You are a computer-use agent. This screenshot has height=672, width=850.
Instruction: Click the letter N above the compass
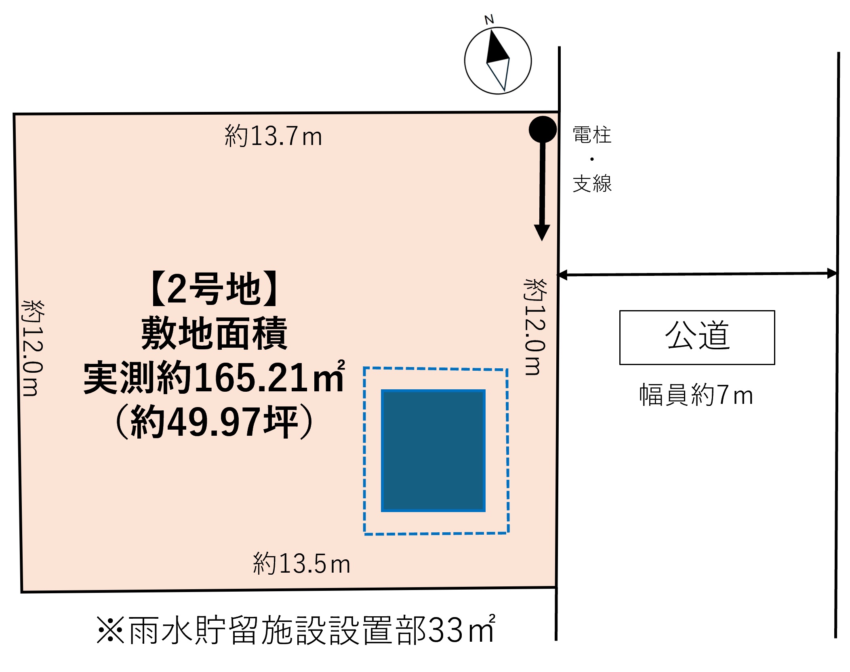pos(489,19)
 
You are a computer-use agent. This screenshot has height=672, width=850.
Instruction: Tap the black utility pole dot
pos(543,129)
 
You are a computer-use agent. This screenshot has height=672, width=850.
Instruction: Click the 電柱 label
pos(592,135)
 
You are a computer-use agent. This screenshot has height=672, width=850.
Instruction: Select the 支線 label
pos(592,184)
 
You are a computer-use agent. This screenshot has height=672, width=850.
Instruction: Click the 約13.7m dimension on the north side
pos(273,136)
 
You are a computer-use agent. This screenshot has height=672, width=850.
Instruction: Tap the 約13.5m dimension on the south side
pos(301,564)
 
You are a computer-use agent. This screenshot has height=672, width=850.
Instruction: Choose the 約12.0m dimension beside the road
pos(535,327)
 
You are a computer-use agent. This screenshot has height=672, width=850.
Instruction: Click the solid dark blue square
pos(433,450)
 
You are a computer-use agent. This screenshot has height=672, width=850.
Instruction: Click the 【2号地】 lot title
pos(215,289)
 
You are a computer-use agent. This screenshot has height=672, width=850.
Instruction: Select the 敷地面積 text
pos(214,334)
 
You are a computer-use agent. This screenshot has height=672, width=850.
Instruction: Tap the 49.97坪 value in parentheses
pos(232,422)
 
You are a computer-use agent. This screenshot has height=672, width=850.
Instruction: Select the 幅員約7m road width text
pos(696,395)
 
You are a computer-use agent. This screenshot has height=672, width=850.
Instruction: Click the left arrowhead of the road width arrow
pos(562,275)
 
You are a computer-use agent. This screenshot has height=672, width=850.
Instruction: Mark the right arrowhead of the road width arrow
pos(832,273)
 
